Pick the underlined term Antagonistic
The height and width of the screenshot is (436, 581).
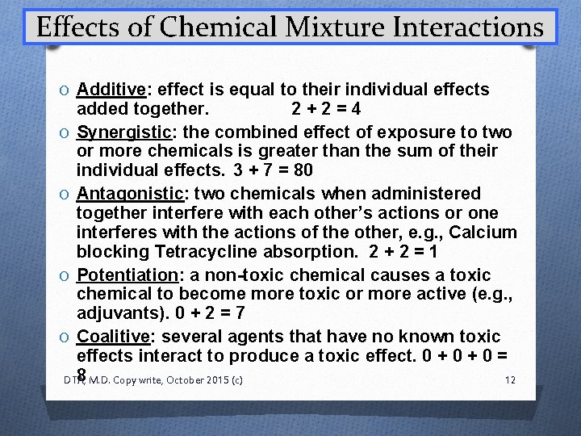127,194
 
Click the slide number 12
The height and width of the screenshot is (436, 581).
508,379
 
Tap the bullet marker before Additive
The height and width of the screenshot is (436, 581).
65,90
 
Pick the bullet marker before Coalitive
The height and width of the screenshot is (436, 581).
65,337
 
